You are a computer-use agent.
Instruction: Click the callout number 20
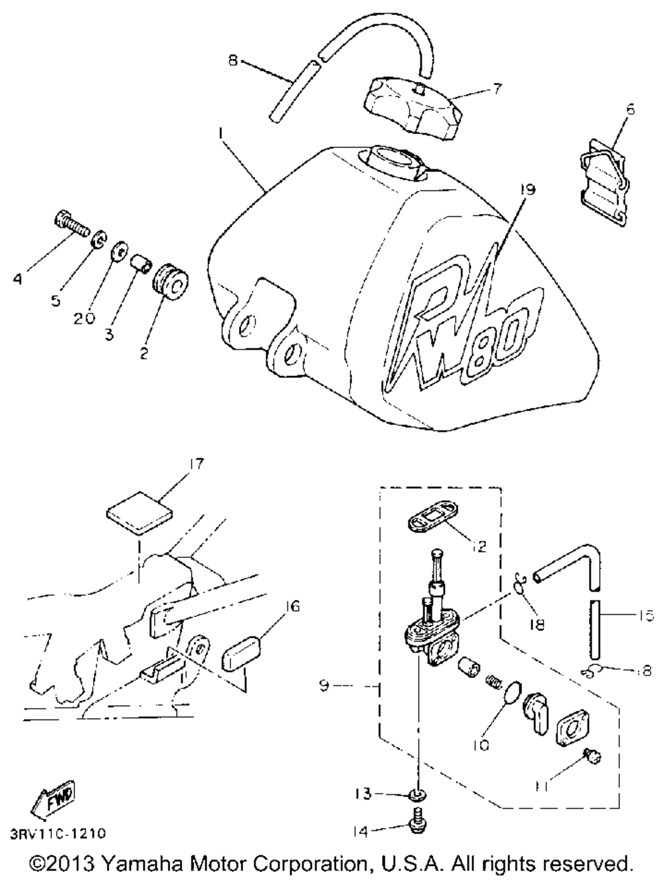[x=85, y=317]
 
